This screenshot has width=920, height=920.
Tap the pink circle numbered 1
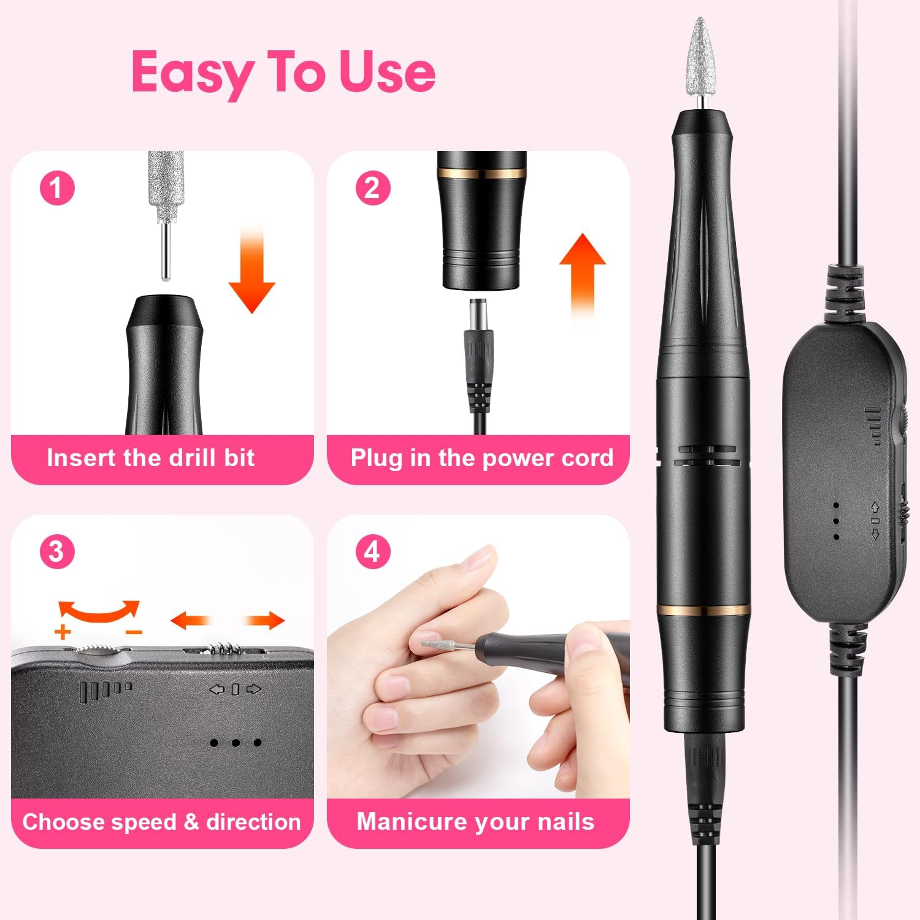tap(57, 188)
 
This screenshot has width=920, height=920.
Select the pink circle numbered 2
tap(373, 188)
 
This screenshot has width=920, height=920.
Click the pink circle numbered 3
tap(57, 551)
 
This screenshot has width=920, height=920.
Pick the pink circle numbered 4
tap(373, 551)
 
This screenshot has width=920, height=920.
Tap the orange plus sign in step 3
tap(63, 632)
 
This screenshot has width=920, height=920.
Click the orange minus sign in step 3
tap(134, 632)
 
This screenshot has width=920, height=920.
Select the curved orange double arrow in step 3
tap(99, 611)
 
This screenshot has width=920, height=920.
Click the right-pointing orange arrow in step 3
tap(265, 621)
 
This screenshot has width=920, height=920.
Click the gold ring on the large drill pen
tap(703, 610)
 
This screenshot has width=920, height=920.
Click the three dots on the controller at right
tap(836, 521)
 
